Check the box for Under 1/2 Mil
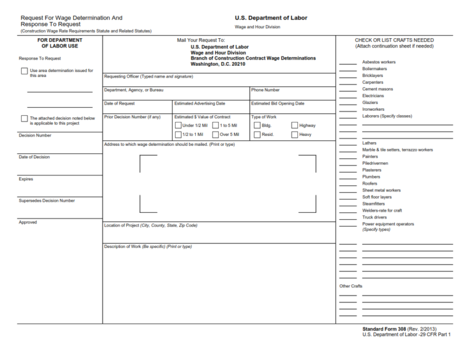(x=178, y=125)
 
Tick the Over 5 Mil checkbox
(x=216, y=134)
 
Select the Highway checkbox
(x=294, y=125)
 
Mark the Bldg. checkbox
(x=257, y=125)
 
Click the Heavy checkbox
(x=294, y=134)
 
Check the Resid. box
(x=257, y=134)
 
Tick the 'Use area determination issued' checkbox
(x=24, y=71)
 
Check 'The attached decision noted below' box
(x=24, y=118)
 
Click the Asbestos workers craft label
(x=379, y=62)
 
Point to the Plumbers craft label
(x=371, y=177)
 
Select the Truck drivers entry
(x=374, y=217)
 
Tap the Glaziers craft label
(x=370, y=103)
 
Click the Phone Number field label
(x=265, y=90)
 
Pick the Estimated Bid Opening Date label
(x=278, y=103)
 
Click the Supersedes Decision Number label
(x=47, y=201)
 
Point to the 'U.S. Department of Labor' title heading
(x=271, y=18)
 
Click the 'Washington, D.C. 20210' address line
(x=218, y=64)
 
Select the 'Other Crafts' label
(x=351, y=286)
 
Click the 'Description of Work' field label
(x=148, y=247)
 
